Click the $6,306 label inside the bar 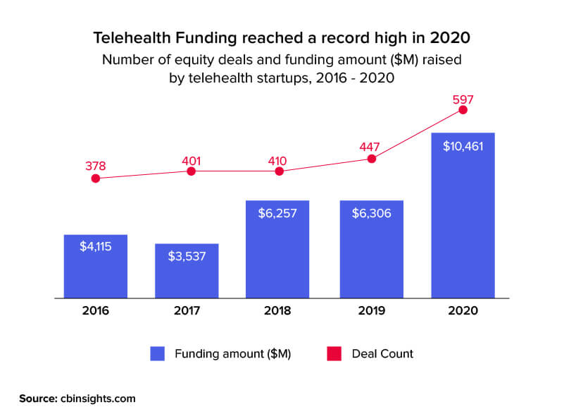(371, 213)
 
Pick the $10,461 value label (463, 146)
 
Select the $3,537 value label (187, 256)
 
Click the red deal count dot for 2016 (96, 178)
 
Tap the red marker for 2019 (372, 159)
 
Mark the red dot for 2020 (463, 109)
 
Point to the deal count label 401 (191, 159)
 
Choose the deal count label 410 (280, 159)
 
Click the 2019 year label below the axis (371, 310)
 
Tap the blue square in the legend (157, 353)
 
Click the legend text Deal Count (382, 353)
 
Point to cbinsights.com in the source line (96, 399)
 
